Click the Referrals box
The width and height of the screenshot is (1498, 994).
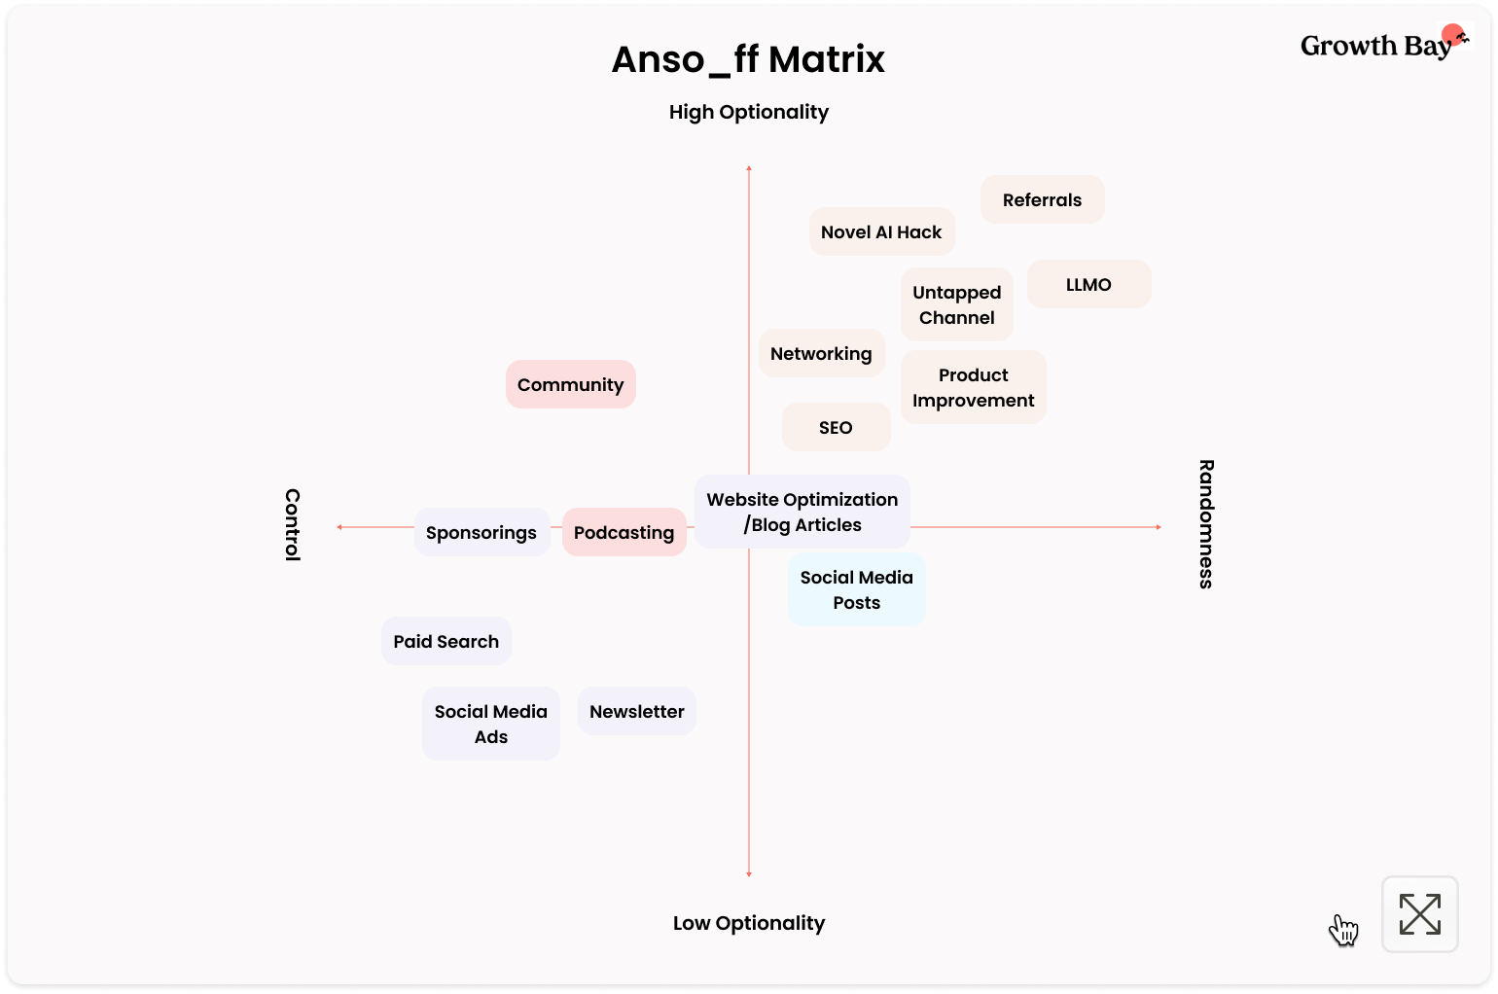tap(1042, 199)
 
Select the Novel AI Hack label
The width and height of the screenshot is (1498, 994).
tap(881, 231)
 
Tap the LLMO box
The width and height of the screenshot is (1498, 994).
tap(1088, 284)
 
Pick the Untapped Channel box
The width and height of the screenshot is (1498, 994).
tap(956, 304)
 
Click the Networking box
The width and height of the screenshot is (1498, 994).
tap(821, 353)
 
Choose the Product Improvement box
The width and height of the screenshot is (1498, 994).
tap(973, 387)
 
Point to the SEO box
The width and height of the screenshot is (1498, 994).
tap(836, 427)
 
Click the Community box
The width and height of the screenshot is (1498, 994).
tap(570, 384)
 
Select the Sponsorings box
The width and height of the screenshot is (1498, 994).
tap(481, 532)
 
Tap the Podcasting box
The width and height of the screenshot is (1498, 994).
tap(624, 532)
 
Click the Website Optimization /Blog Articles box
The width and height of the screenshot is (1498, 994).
tap(802, 512)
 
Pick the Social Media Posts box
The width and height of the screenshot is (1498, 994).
tap(856, 589)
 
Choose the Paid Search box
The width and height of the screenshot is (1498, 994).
tap(446, 641)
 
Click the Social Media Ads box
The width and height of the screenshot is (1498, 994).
tap(490, 724)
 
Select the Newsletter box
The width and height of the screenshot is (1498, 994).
tap(636, 711)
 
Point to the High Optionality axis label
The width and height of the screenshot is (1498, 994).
tap(748, 112)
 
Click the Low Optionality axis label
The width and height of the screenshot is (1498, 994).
tap(748, 923)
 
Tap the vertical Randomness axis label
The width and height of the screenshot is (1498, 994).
tap(1206, 523)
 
